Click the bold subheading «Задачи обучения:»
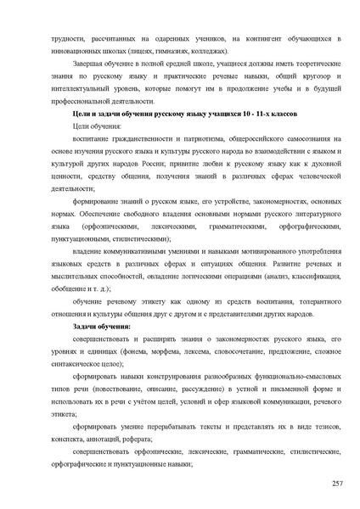pyautogui.click(x=102, y=327)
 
